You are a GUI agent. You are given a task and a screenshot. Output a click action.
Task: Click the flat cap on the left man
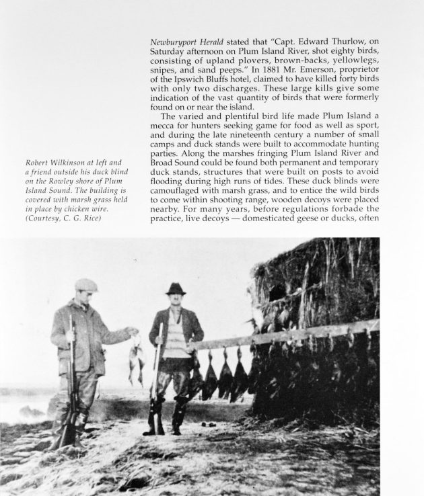point(85,285)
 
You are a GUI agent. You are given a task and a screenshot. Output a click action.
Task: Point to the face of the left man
point(86,297)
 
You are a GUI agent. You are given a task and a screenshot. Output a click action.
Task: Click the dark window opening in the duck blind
point(276,293)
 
